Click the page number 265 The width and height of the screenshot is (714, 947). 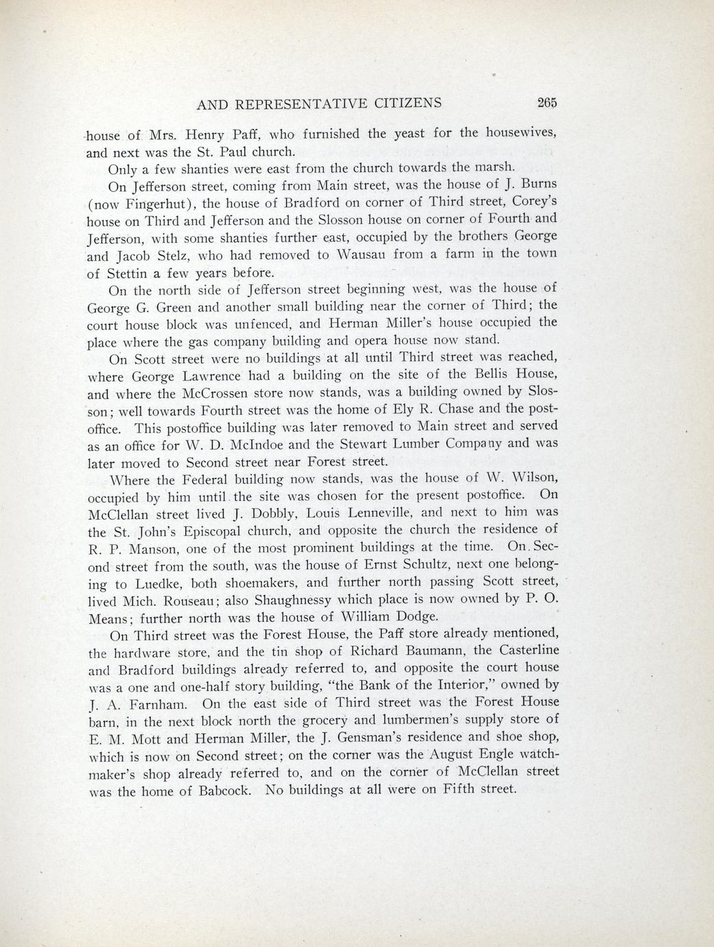pos(546,103)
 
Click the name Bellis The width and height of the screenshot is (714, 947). pos(491,375)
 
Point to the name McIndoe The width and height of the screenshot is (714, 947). pos(257,445)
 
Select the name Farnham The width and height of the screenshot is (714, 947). pos(148,703)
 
